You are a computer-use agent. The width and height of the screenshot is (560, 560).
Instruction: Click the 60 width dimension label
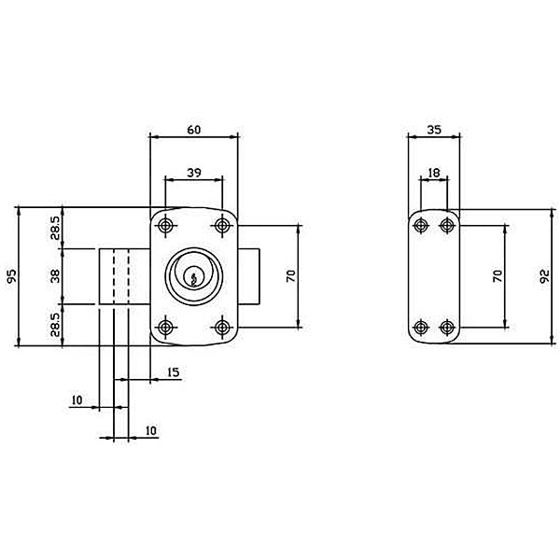(194, 130)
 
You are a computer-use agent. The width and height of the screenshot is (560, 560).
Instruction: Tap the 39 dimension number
(194, 173)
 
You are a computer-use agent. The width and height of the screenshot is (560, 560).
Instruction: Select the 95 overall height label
(12, 276)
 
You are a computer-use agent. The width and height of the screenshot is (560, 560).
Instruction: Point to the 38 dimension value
(55, 276)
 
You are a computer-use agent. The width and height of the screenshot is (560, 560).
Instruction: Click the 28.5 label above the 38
(55, 228)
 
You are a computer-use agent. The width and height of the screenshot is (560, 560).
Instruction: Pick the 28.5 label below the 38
(55, 325)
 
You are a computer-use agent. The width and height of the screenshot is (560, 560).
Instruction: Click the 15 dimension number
(173, 372)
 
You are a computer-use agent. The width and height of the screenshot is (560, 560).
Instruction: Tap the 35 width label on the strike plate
(434, 130)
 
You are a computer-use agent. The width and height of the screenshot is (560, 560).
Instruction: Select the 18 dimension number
(434, 173)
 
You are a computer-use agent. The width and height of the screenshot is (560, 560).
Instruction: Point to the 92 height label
(544, 276)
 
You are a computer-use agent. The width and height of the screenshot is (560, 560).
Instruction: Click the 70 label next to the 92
(497, 276)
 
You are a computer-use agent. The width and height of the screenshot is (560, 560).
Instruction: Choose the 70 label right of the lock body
(291, 276)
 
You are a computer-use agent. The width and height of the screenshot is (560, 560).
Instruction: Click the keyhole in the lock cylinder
(193, 278)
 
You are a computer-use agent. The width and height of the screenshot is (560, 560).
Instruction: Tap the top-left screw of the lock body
(165, 225)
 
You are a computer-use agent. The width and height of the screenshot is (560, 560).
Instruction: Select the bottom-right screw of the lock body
(222, 327)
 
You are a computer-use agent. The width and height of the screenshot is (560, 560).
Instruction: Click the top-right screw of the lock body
(222, 225)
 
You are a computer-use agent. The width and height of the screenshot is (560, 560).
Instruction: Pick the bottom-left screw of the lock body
(165, 327)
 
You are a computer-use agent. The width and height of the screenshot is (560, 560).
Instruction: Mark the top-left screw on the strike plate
(421, 225)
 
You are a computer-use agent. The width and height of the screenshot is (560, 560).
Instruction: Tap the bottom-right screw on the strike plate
(447, 327)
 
